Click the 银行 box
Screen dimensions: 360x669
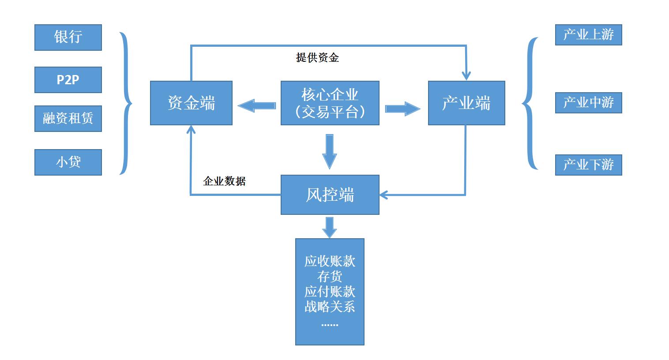tap(68, 37)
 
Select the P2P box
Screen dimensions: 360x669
tap(68, 80)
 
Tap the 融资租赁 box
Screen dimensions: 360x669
tap(68, 119)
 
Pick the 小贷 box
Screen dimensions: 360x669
tap(68, 162)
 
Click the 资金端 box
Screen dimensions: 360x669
tap(191, 103)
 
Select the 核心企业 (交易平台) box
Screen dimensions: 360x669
tap(330, 103)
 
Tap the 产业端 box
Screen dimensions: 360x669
tap(466, 103)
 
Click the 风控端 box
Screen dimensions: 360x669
tap(330, 195)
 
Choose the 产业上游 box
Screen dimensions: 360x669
tap(588, 35)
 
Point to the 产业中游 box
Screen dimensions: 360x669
tap(588, 103)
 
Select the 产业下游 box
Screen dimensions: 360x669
tap(588, 165)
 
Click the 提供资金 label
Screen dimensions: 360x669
tap(317, 58)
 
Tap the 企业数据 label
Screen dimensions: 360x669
tap(224, 181)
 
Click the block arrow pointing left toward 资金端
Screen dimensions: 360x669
tap(257, 106)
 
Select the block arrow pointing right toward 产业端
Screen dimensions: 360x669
tap(402, 109)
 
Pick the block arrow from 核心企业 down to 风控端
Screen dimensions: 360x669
tap(329, 151)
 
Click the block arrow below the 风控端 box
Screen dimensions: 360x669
tap(329, 227)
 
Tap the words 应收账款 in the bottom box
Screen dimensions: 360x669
tap(330, 261)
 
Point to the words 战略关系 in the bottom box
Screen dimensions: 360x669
tap(330, 307)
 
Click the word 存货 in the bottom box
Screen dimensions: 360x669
tap(330, 277)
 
